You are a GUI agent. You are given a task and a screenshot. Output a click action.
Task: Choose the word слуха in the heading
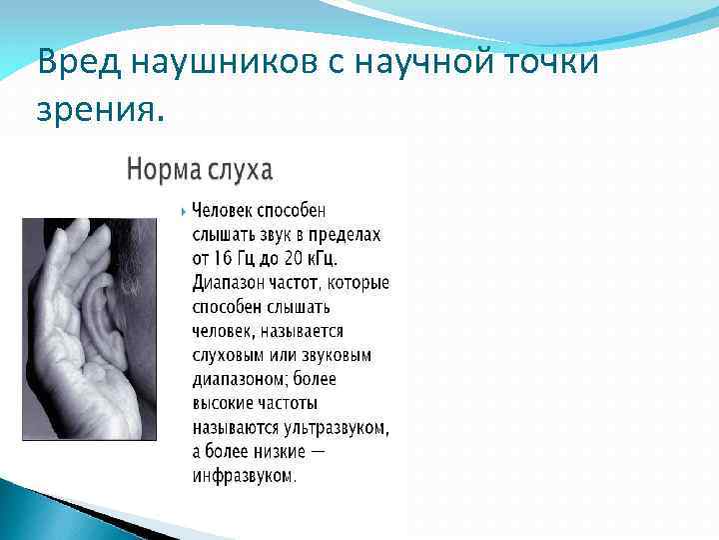pos(240,169)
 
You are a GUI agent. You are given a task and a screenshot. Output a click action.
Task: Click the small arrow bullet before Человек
pos(183,212)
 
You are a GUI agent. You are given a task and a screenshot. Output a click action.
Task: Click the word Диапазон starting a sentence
pos(230,283)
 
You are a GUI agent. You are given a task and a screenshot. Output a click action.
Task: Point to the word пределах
pos(343,235)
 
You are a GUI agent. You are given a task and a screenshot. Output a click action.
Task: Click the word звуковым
pos(336,355)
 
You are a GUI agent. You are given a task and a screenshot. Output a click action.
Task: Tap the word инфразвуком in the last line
pos(244,476)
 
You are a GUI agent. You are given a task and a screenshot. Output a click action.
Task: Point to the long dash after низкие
pos(317,452)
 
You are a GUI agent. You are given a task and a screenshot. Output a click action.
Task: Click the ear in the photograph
pos(105,320)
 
